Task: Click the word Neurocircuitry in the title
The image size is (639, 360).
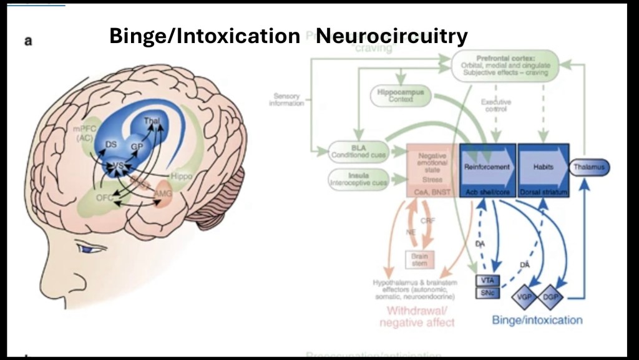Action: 391,36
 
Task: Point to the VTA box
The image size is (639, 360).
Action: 487,280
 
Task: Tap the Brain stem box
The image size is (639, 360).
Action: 419,259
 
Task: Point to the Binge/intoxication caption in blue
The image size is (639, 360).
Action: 537,320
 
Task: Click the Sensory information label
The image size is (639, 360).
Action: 288,99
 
